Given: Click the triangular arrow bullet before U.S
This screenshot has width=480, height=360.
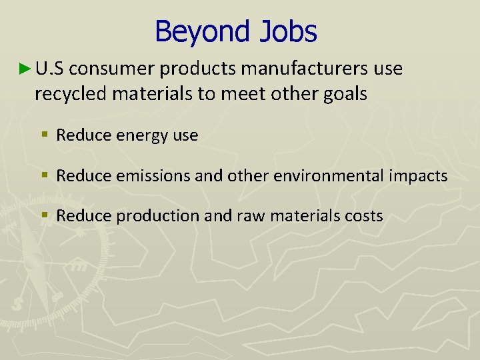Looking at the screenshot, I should coord(25,68).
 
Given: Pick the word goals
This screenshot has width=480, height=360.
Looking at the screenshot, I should coord(345,94).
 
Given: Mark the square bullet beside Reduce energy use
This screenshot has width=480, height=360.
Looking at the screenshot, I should coord(44,135).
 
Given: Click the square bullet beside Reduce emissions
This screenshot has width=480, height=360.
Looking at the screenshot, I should coord(44,176).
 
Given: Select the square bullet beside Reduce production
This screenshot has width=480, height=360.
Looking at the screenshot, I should coord(44,216).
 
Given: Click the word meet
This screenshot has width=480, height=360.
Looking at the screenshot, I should coord(264,94).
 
